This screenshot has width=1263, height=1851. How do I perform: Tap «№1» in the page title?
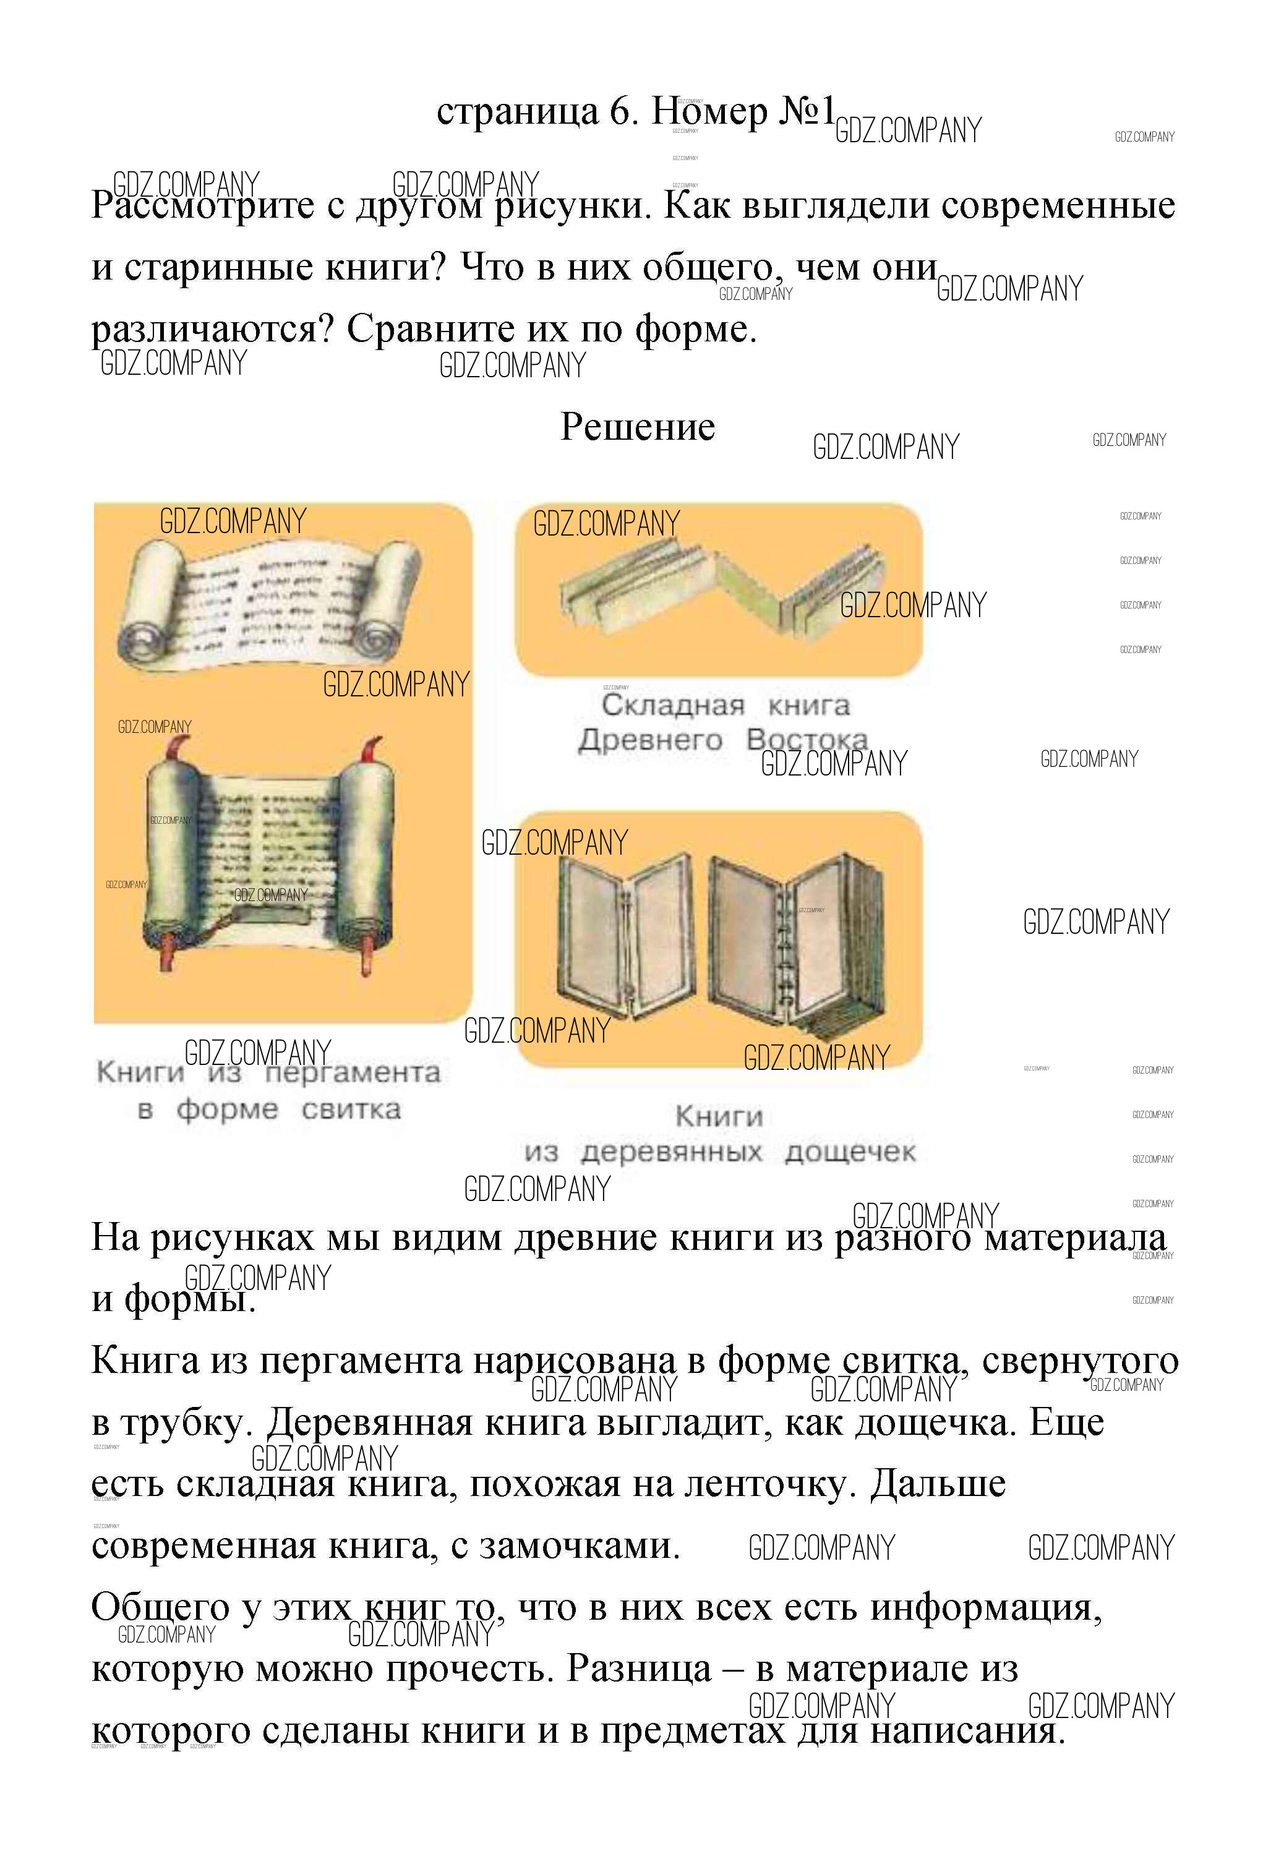pos(807,111)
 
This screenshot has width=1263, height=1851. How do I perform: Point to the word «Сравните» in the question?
pos(435,329)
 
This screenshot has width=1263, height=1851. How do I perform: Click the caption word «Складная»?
pos(673,705)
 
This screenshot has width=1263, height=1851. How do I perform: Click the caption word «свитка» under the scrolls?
pos(351,1109)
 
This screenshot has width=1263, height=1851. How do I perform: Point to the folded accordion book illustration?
pos(721,589)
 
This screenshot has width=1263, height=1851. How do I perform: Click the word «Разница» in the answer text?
pos(639,1669)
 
